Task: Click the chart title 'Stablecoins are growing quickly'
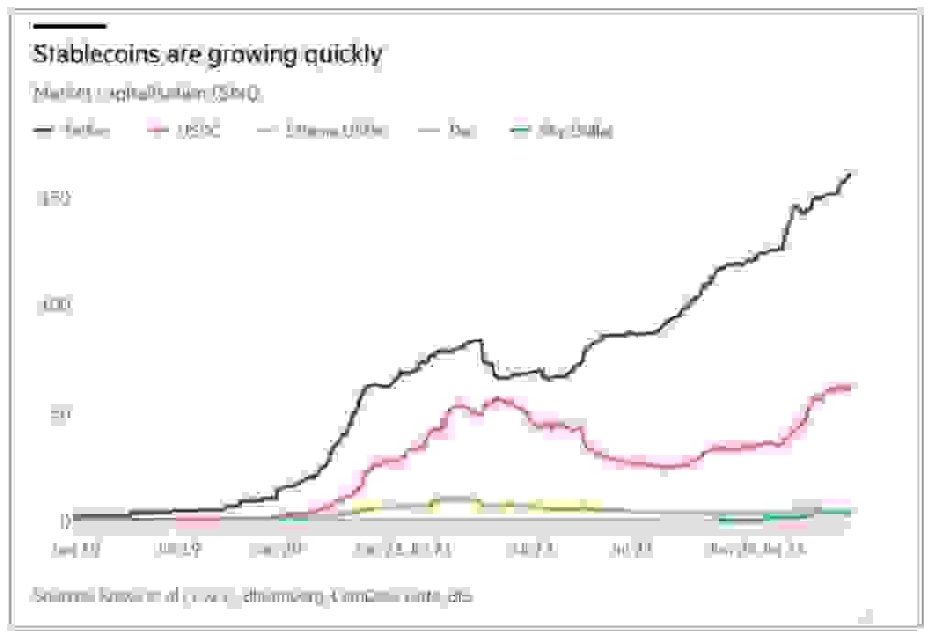point(207,54)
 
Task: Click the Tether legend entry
point(73,130)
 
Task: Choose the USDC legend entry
point(186,130)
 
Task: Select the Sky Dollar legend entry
point(561,130)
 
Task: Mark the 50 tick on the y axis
point(58,413)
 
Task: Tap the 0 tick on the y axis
point(64,520)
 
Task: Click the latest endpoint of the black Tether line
point(850,173)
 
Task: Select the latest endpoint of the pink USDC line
point(850,386)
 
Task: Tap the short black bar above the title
point(70,26)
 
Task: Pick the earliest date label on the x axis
point(76,550)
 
